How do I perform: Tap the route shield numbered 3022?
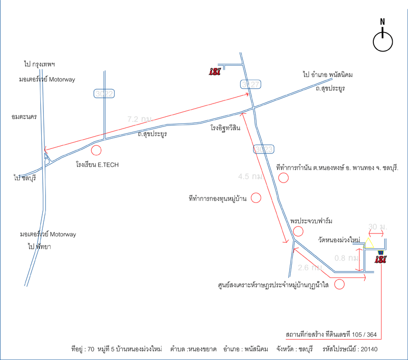coord(104,93)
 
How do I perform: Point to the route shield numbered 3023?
coord(264,149)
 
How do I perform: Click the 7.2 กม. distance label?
coord(140,119)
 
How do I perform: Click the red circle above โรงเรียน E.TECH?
coord(96,150)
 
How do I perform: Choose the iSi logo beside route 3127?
coord(215,71)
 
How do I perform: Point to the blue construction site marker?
coord(380,252)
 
